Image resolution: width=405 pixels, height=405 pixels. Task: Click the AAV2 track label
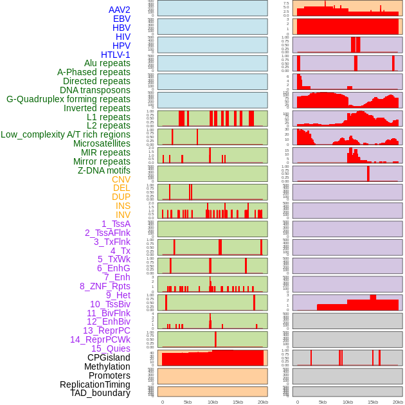coord(119,10)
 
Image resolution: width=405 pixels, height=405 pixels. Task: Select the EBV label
coord(121,19)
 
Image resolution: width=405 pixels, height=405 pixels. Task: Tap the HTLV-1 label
coord(115,55)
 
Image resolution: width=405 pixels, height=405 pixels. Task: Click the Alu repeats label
coord(107,63)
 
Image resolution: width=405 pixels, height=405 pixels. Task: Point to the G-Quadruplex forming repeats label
coord(68,99)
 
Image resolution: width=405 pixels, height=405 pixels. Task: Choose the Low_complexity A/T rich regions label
coord(66,134)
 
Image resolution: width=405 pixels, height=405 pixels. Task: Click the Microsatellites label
coord(102,143)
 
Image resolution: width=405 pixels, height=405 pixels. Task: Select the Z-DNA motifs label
coord(104,170)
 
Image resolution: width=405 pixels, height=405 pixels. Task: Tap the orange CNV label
coord(121,179)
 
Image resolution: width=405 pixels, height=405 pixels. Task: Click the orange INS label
coord(123,206)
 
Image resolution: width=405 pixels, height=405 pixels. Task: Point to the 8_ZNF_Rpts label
coord(105,286)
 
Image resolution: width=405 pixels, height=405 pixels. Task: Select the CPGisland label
coord(109,357)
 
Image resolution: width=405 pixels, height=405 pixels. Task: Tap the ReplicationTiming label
coord(94,384)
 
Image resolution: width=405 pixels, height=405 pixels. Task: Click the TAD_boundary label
coord(100,393)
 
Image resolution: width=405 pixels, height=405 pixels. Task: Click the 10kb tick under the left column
coord(212,402)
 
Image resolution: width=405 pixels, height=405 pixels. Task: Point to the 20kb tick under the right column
coord(398,402)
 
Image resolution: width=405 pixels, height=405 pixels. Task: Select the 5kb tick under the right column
coord(322,402)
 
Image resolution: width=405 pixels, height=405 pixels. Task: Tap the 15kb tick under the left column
coord(237,402)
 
